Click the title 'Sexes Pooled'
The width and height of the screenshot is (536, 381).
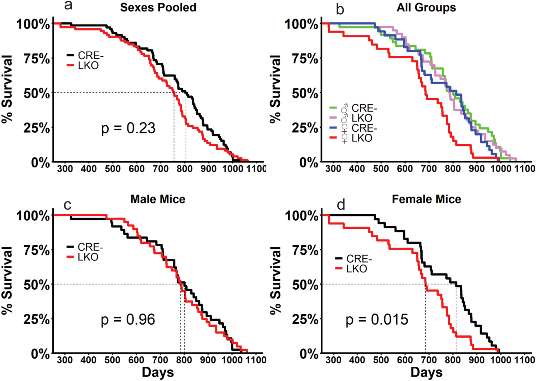[158, 8]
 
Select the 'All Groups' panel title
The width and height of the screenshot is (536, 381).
[426, 8]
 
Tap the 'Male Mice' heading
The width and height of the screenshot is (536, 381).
[158, 199]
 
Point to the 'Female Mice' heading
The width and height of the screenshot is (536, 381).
[426, 199]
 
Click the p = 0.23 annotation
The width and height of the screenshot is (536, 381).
[128, 128]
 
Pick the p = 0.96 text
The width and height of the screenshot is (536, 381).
[128, 320]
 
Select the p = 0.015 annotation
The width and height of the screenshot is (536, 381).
[377, 320]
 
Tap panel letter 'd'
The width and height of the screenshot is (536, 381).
[341, 205]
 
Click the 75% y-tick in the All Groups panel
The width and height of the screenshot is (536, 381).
[305, 59]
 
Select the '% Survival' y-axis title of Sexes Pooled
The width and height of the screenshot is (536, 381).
[7, 89]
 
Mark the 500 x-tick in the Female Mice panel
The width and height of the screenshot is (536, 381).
[381, 360]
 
